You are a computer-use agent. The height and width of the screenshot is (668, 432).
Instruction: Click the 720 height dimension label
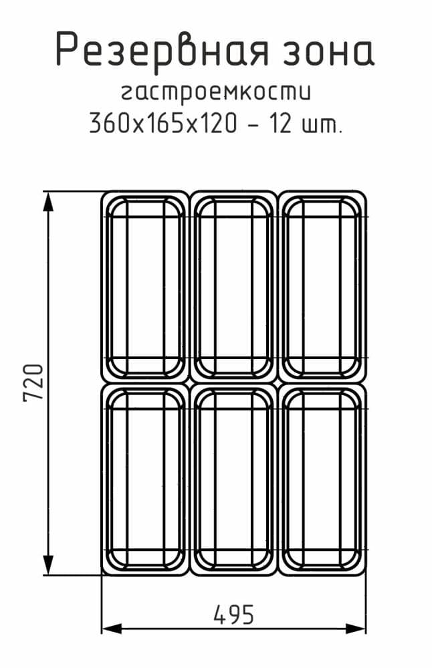point(33,382)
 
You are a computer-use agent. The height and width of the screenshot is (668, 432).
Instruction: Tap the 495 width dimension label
point(233,614)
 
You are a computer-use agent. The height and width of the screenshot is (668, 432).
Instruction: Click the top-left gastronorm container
point(145,286)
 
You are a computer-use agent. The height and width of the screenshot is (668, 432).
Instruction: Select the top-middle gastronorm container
point(233,286)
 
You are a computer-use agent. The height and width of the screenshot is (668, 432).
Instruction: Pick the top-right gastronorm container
point(322,286)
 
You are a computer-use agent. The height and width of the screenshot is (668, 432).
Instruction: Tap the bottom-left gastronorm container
point(145,478)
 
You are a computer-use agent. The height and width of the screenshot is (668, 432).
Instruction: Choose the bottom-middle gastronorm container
point(233,478)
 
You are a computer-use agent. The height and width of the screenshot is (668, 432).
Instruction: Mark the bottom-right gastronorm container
point(322,478)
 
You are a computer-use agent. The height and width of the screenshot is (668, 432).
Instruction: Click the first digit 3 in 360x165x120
point(96,124)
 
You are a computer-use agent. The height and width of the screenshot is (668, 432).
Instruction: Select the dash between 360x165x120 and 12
point(254,125)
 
